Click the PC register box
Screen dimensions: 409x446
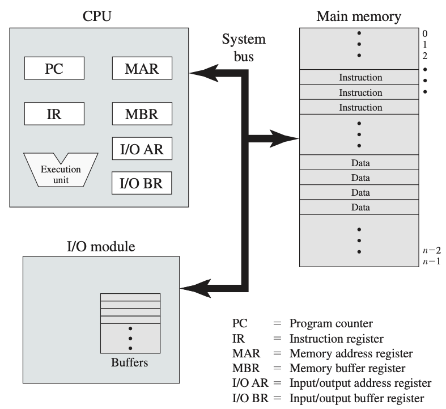pyautogui.click(x=54, y=69)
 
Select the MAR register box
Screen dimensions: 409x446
pyautogui.click(x=142, y=69)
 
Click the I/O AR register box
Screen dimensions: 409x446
pyautogui.click(x=142, y=149)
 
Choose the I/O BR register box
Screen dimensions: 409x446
pyautogui.click(x=142, y=183)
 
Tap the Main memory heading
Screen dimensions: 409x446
pyautogui.click(x=358, y=15)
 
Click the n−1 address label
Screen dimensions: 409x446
pyautogui.click(x=430, y=261)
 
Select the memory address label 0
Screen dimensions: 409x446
pyautogui.click(x=424, y=33)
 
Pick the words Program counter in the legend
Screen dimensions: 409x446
pyautogui.click(x=331, y=324)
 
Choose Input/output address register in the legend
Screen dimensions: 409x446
pyautogui.click(x=360, y=383)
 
